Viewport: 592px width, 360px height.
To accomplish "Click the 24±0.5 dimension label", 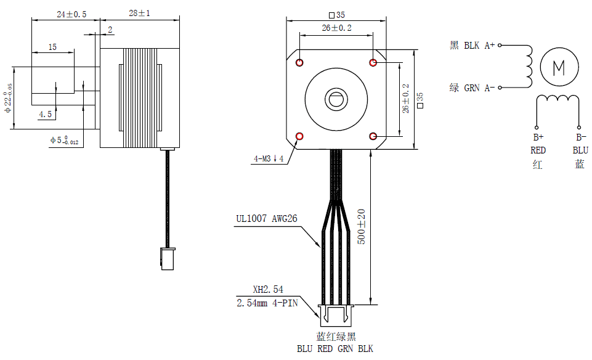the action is click(x=71, y=14).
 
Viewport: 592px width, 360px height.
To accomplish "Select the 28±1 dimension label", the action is click(x=139, y=13).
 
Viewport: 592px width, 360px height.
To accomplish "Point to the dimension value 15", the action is click(x=52, y=47).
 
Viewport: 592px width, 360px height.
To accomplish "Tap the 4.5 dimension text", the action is click(x=46, y=114).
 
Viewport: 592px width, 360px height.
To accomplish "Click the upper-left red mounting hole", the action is click(x=299, y=62).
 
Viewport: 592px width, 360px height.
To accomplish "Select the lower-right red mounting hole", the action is click(x=373, y=136).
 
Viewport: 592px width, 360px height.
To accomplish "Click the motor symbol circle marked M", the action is click(x=559, y=67).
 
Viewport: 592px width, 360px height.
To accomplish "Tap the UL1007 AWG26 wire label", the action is click(x=267, y=218).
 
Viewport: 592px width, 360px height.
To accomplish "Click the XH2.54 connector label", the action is click(x=268, y=289).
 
